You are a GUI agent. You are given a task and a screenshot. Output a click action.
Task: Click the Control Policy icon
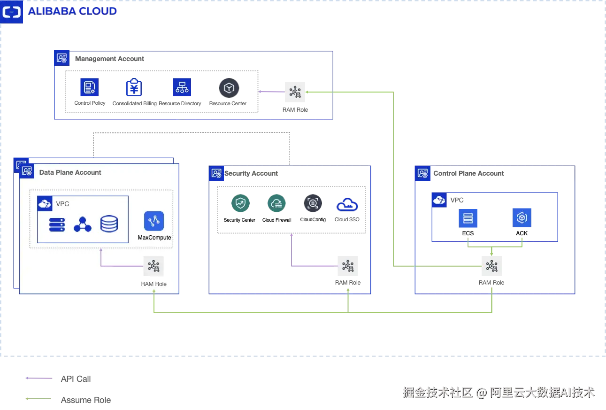89,87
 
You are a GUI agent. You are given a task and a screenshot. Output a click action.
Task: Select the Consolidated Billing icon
134,87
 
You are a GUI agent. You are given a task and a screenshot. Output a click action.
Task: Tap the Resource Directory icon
182,87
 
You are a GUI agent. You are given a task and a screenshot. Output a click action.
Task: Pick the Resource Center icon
229,88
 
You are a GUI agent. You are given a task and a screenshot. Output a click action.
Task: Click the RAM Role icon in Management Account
295,92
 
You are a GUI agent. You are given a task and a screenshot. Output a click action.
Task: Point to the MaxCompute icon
154,221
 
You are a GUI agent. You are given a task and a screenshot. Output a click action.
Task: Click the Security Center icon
240,203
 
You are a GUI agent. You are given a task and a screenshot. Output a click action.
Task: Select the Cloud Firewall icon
276,203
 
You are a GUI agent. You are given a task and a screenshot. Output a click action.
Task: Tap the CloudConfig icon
313,203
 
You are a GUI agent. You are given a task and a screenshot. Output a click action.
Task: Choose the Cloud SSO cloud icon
347,205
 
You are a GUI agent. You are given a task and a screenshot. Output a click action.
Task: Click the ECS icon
468,218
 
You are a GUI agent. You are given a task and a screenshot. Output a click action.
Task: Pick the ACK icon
522,217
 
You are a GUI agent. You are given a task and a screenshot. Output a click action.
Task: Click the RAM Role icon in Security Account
348,266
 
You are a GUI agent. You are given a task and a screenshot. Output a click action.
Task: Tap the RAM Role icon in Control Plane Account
491,266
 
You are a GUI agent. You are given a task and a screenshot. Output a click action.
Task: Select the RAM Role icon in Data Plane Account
153,266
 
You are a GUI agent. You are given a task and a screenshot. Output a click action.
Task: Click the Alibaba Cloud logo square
11,12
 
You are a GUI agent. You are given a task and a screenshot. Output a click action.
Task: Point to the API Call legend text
76,379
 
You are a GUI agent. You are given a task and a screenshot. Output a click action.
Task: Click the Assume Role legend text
86,400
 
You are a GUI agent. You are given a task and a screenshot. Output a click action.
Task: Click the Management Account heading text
109,59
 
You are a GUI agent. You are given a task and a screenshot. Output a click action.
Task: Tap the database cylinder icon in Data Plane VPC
109,224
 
